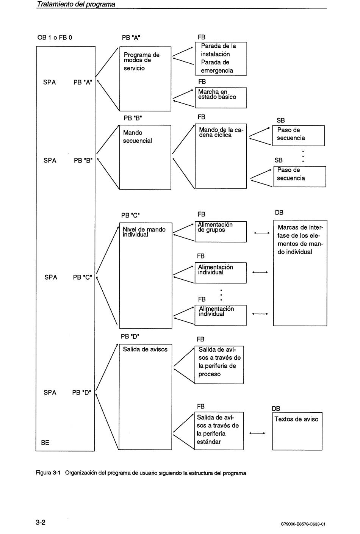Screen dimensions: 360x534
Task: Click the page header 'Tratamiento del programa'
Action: click(76, 4)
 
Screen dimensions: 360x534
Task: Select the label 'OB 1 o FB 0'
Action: click(55, 38)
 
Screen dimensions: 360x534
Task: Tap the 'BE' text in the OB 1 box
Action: click(45, 443)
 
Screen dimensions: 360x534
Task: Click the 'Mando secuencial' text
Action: click(137, 136)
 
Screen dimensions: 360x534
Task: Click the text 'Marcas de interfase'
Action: click(300, 232)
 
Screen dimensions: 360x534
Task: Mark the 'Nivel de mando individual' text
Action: click(144, 232)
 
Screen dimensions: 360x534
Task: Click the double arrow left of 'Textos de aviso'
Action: click(257, 433)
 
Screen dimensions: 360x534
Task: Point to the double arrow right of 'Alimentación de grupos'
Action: click(262, 233)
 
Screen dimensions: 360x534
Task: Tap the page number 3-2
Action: click(41, 523)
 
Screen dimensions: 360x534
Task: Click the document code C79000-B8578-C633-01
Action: click(303, 524)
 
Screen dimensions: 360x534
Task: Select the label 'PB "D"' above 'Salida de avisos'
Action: click(130, 337)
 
